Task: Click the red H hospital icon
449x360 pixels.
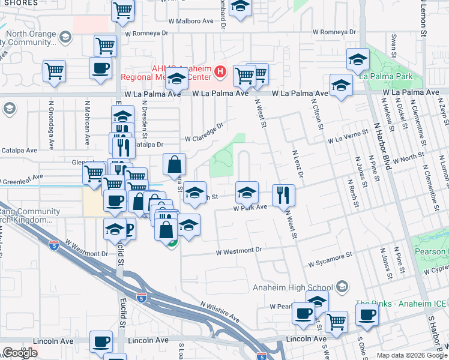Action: click(x=220, y=73)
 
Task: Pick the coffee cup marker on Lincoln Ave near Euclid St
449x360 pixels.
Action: click(x=101, y=342)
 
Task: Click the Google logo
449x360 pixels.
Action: click(x=20, y=353)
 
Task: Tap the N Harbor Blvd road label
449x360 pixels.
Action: click(x=382, y=145)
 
